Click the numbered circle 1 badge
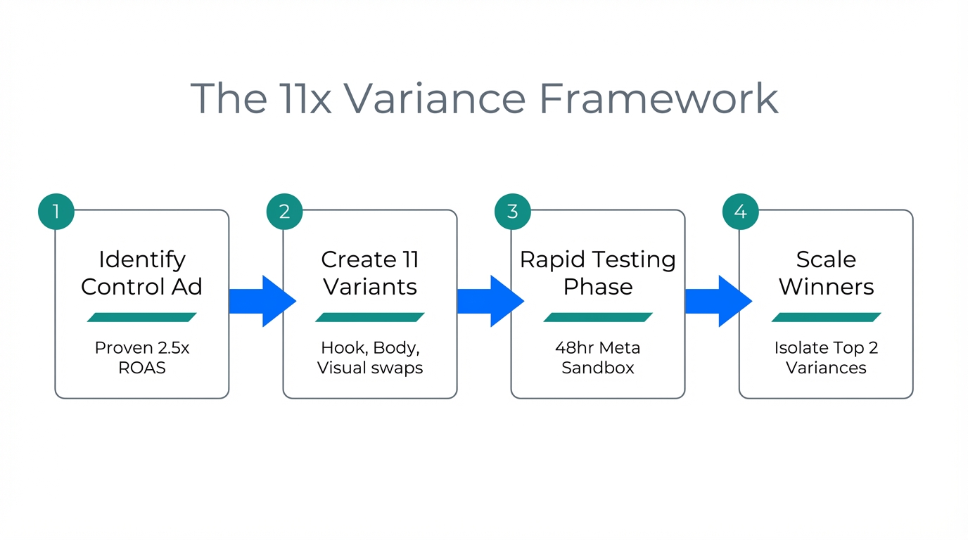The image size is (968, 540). tap(56, 212)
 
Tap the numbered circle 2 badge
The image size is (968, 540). tap(284, 212)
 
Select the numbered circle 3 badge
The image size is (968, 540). tap(512, 212)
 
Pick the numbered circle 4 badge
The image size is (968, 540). tap(740, 212)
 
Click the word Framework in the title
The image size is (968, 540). tap(658, 98)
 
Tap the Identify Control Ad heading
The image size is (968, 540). tap(141, 273)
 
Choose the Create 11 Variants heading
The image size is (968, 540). tap(370, 273)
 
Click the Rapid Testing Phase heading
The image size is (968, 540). tap(598, 273)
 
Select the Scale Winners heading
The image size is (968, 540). tap(826, 273)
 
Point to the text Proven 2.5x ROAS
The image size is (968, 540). tap(141, 357)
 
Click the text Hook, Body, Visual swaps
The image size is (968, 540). tap(370, 357)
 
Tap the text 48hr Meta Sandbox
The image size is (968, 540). tap(598, 357)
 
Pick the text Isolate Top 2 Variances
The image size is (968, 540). tap(826, 357)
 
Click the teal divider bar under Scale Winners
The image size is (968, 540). tap(826, 317)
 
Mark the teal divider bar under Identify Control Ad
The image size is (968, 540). tap(141, 317)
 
